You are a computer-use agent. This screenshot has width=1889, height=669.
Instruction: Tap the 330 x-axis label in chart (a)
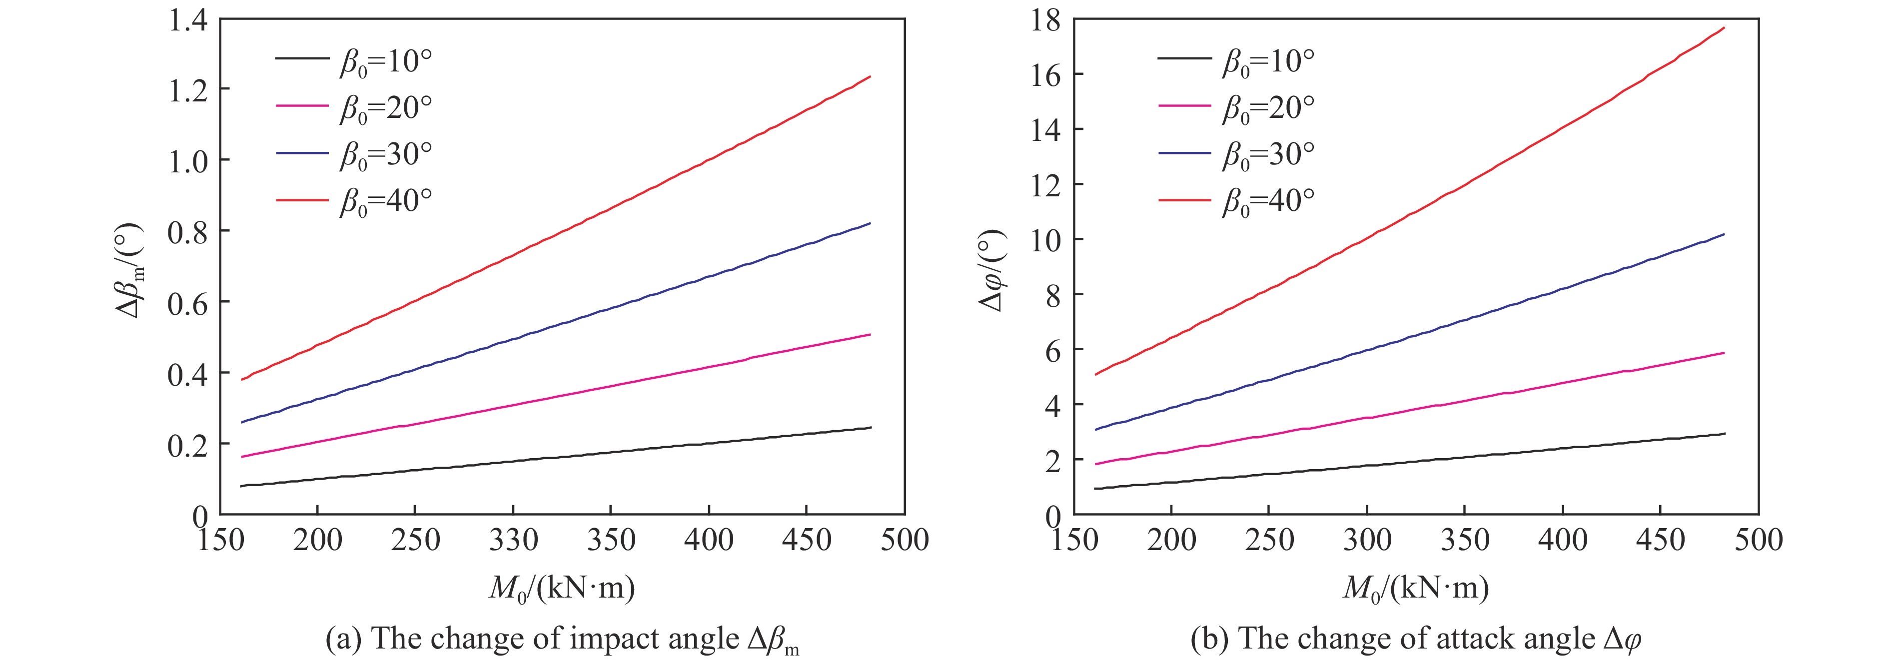coord(513,541)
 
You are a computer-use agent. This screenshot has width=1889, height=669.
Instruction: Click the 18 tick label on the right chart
coord(1045,20)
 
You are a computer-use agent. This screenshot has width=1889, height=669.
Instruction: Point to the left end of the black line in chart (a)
coord(241,486)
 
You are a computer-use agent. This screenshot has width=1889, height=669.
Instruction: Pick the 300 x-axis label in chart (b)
coord(1367,541)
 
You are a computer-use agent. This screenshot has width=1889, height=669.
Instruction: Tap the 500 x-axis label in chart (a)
coord(904,541)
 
